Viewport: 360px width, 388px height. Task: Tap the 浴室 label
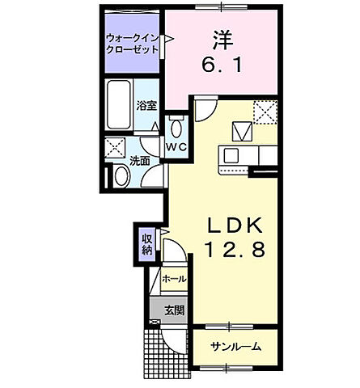coord(146,105)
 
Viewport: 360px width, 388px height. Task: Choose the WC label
coord(176,147)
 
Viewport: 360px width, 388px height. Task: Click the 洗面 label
coord(139,161)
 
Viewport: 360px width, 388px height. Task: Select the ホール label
coord(174,279)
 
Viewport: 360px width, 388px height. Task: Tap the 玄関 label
coord(174,310)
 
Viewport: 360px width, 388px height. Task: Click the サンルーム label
coord(235,346)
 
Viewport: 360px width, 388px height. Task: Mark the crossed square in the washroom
coord(116,147)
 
